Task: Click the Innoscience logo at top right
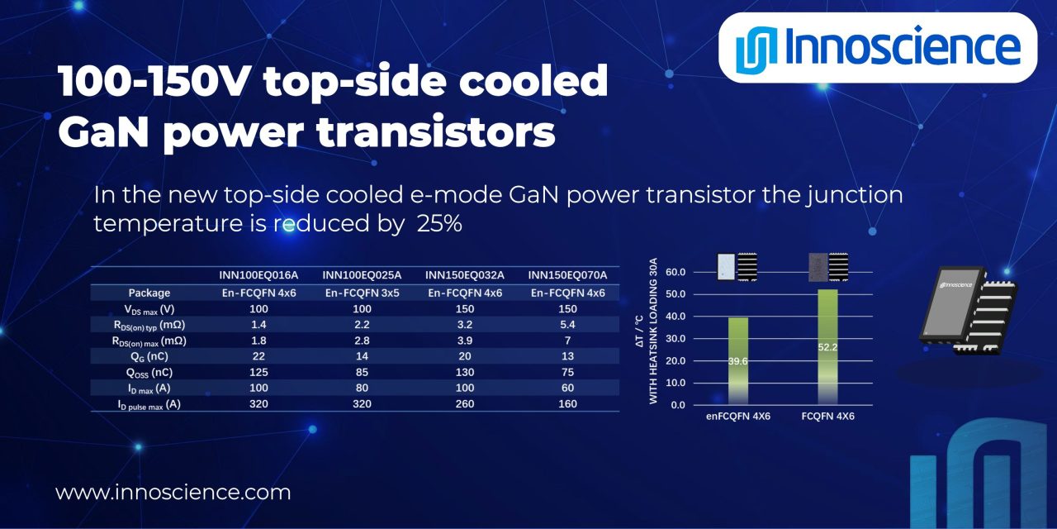pyautogui.click(x=878, y=47)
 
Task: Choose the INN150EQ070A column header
pyautogui.click(x=568, y=275)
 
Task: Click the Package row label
pyautogui.click(x=149, y=293)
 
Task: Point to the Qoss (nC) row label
pyautogui.click(x=149, y=372)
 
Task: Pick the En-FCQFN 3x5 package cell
pyautogui.click(x=362, y=293)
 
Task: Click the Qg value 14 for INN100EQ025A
pyautogui.click(x=362, y=355)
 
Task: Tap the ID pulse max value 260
pyautogui.click(x=465, y=404)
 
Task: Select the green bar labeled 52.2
pyautogui.click(x=827, y=347)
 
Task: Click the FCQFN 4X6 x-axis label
pyautogui.click(x=827, y=416)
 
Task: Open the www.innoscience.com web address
pyautogui.click(x=173, y=493)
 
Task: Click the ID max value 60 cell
pyautogui.click(x=568, y=388)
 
